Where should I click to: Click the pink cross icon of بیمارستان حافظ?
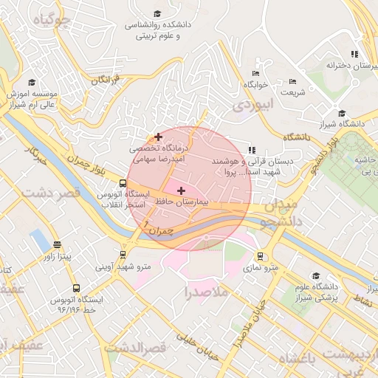[182, 190]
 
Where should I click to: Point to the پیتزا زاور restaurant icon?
[57, 244]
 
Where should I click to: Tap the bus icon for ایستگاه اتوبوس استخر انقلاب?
[123, 184]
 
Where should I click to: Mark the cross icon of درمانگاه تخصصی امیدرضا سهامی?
[158, 137]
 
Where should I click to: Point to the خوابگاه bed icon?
[255, 73]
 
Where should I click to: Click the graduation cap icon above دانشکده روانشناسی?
[157, 13]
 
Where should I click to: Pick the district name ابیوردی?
[253, 104]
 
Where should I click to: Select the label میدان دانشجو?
[280, 210]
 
